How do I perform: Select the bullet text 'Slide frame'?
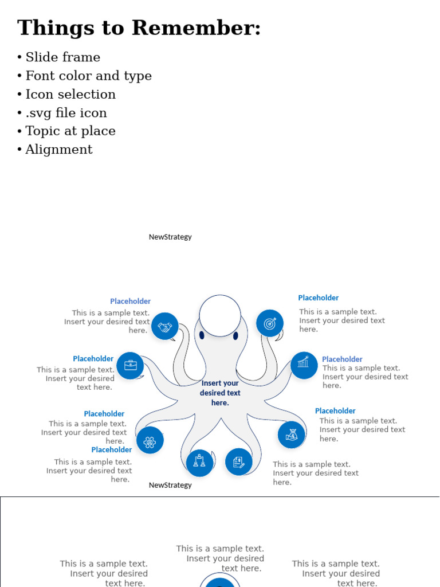click(63, 57)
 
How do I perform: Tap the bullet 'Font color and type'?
click(89, 76)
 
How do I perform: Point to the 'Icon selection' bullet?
click(70, 94)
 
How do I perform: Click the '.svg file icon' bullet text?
click(66, 113)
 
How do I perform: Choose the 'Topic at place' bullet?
click(70, 131)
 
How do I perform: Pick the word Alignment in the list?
click(59, 150)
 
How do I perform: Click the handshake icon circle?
click(165, 326)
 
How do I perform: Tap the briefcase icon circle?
click(130, 365)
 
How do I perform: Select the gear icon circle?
click(150, 440)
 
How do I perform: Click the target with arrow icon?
click(270, 323)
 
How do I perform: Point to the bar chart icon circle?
click(304, 365)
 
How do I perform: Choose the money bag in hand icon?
click(292, 435)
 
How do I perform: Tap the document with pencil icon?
click(239, 461)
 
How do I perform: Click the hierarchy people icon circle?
click(199, 462)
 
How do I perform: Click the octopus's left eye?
click(202, 335)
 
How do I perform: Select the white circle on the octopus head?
click(220, 316)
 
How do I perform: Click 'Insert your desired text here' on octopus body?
click(220, 393)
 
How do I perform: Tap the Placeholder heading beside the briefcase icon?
click(93, 359)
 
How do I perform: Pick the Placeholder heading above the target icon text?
click(318, 298)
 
